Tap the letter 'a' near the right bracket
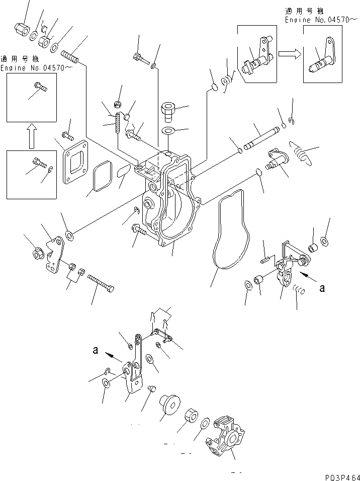pos(322,288)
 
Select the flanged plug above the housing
pos(167,110)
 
